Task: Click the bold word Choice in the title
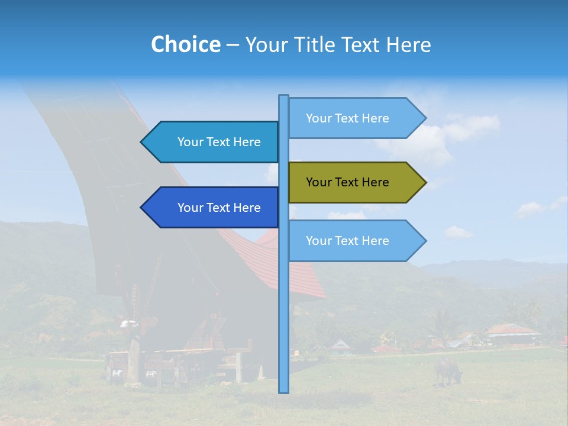coord(185,44)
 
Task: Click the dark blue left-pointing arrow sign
coord(210,208)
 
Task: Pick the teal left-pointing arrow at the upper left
coord(210,142)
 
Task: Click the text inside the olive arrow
coord(347,182)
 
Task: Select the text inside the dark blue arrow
coord(219,208)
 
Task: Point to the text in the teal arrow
coord(219,142)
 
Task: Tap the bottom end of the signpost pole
coord(284,390)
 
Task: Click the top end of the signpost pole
coord(284,97)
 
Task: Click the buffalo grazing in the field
coord(447,370)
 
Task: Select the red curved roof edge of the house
coord(296,266)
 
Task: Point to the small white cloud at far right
coord(531,208)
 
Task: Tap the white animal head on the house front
coord(129,324)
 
